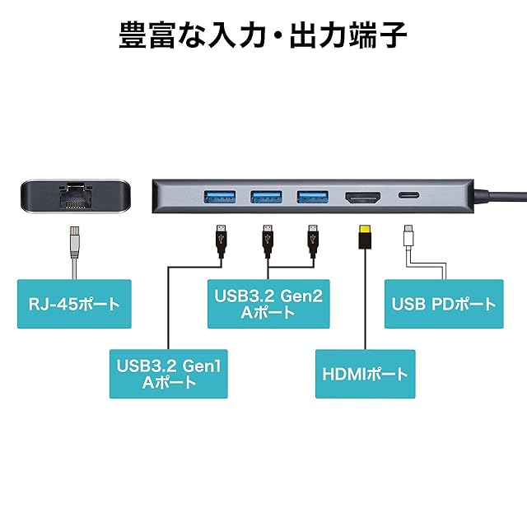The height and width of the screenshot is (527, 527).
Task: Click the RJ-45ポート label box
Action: click(74, 304)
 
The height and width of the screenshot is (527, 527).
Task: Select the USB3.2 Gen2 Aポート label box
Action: click(268, 304)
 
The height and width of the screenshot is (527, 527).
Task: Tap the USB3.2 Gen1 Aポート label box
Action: click(168, 374)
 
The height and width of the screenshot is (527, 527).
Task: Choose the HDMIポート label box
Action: click(366, 374)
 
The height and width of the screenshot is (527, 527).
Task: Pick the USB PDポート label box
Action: click(444, 304)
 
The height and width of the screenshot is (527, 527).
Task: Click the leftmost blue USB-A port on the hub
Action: click(220, 197)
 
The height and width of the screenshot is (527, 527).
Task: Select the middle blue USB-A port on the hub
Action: click(266, 197)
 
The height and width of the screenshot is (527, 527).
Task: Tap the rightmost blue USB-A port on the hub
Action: click(313, 197)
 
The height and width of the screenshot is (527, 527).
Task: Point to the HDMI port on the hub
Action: click(362, 198)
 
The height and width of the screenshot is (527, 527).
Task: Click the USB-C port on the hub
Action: click(409, 195)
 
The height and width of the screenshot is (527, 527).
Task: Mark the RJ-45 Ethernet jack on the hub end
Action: click(75, 196)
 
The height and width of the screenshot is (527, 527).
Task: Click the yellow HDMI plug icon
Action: click(365, 237)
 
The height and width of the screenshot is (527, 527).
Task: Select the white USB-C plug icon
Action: click(408, 236)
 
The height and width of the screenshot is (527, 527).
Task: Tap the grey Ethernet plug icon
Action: click(74, 242)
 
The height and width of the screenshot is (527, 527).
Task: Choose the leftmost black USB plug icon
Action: click(221, 240)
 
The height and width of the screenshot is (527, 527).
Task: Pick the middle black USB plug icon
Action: click(267, 240)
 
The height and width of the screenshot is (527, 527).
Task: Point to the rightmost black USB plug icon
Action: click(313, 240)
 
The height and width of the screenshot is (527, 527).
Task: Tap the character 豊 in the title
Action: click(133, 35)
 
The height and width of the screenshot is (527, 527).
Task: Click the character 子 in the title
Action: click(393, 35)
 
